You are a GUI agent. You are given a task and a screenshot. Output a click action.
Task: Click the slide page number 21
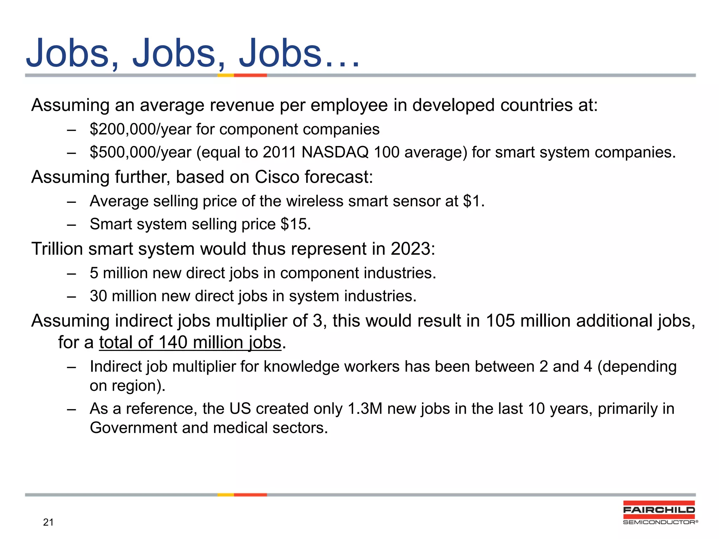(x=48, y=522)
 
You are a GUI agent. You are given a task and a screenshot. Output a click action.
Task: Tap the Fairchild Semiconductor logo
(x=659, y=513)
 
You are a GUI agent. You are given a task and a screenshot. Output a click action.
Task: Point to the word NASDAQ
(x=335, y=152)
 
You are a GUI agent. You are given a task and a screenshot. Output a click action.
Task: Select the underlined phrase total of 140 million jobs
(x=190, y=342)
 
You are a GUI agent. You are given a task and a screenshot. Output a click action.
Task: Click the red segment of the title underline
(x=250, y=75)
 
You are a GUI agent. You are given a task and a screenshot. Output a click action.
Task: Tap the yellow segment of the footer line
(x=225, y=495)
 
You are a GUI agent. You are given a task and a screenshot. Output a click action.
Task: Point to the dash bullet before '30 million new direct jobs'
(x=72, y=297)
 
